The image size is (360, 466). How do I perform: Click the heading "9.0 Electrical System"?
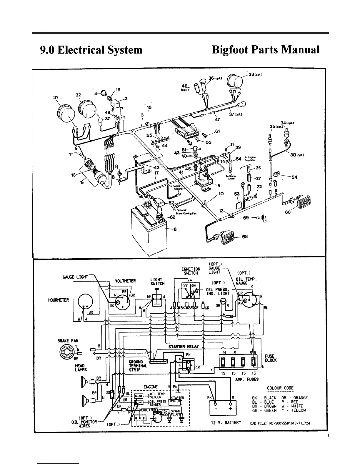point(91,50)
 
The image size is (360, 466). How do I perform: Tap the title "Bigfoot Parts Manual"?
point(266,50)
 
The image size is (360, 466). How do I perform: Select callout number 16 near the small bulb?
point(118,89)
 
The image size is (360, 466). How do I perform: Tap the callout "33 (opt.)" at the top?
point(255,74)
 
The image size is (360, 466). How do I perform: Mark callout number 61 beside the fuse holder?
point(218,131)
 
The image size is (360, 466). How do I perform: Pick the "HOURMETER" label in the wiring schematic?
point(59,300)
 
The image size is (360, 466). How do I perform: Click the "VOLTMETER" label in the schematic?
point(126,281)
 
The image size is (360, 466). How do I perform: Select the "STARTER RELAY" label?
point(184,346)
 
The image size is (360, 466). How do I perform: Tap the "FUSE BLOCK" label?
point(271,358)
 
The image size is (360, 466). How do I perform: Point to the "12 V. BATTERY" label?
point(226,423)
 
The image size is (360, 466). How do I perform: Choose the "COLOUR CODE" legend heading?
point(280,388)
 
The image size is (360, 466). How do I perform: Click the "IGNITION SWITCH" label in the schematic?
point(191,271)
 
